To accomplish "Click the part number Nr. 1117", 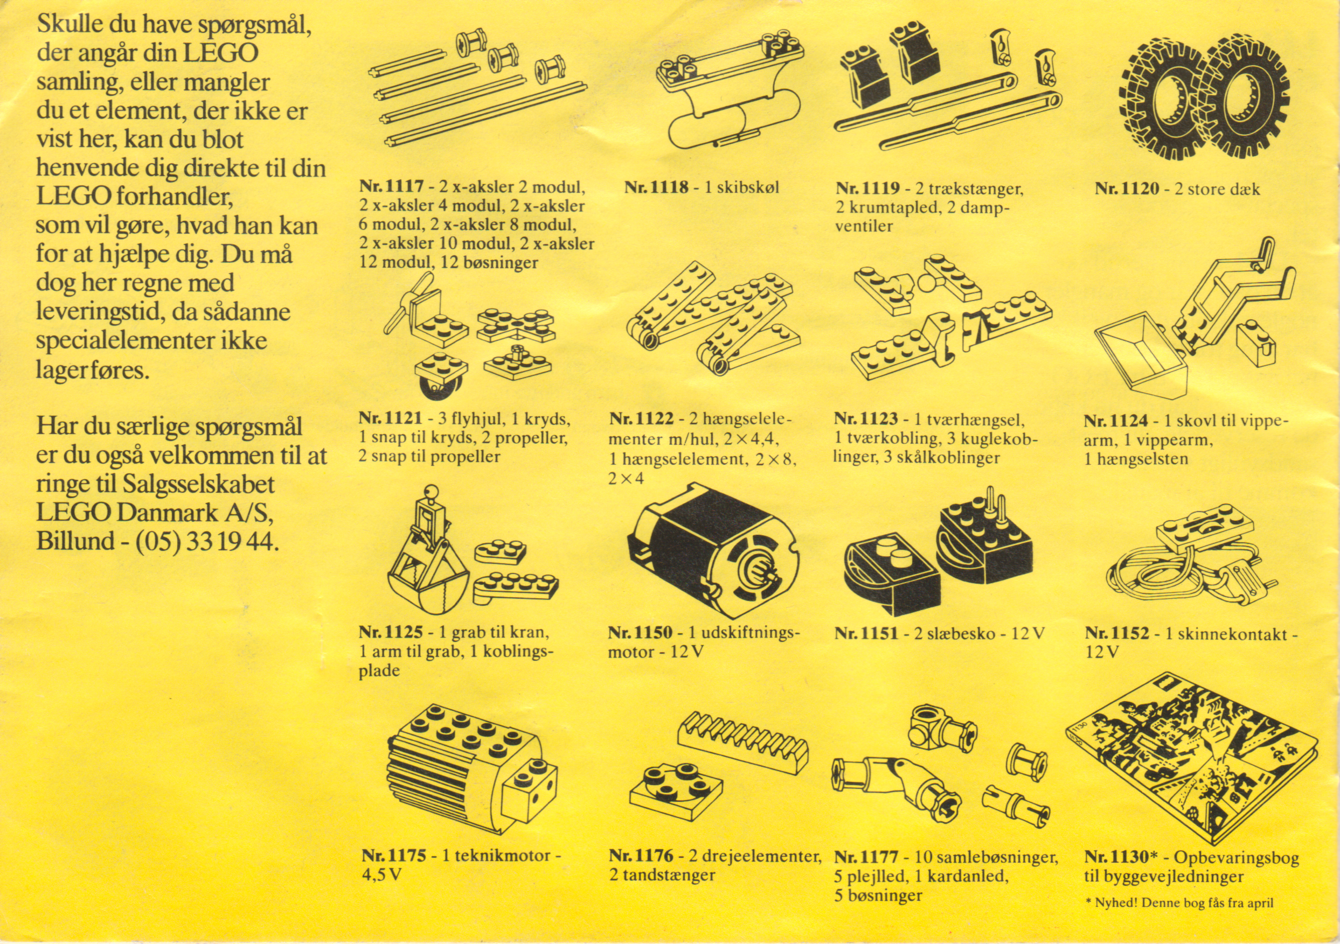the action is point(391,188).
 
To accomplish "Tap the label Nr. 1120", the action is point(1127,189).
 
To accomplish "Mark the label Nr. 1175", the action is point(393,856).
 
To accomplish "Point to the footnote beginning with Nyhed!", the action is point(1179,903).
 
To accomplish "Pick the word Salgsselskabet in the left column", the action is point(198,484).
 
